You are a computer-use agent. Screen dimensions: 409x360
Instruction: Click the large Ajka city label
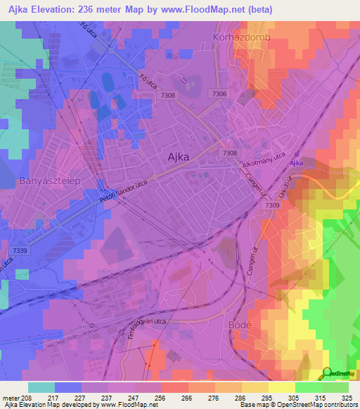178,157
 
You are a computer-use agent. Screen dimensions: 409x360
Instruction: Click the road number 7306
219,93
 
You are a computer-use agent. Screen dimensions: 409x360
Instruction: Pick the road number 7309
273,205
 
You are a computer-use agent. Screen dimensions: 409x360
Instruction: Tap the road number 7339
20,251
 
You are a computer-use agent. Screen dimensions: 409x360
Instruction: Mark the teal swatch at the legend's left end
41,387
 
